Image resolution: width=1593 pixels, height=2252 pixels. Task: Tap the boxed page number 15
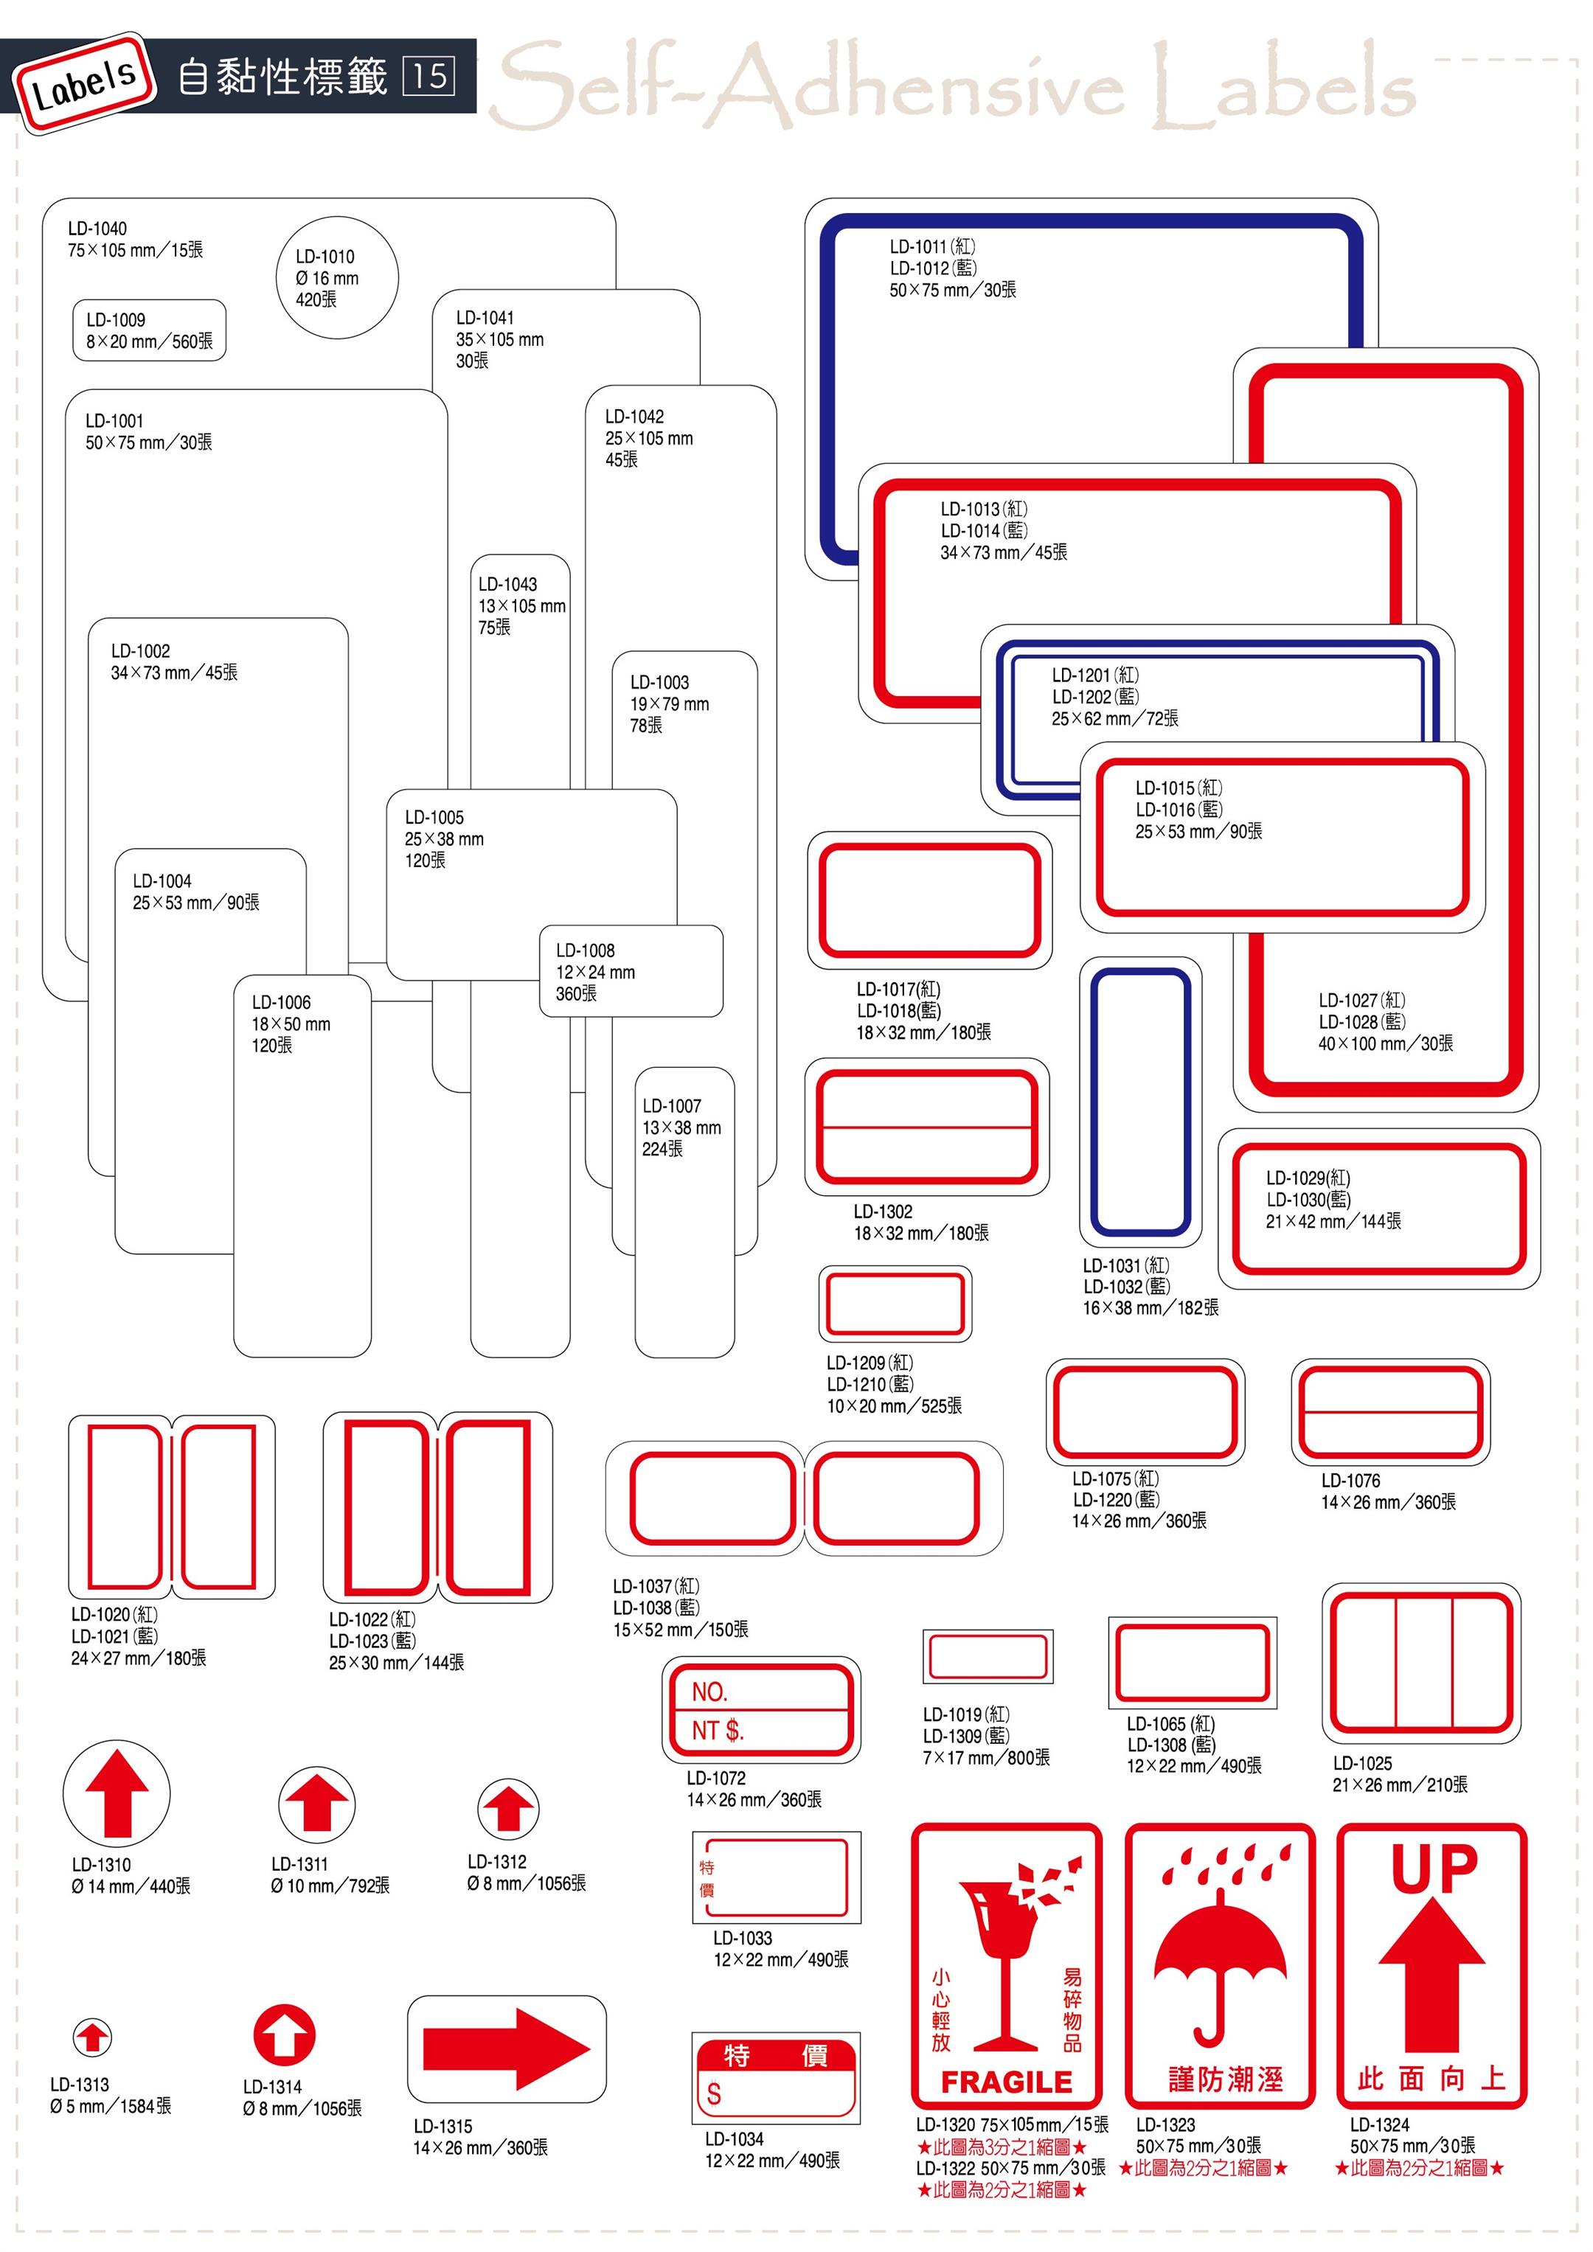coord(428,75)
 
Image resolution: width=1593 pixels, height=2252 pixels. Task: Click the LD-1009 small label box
coord(149,330)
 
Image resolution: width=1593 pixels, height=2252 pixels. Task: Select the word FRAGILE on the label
coord(1007,2082)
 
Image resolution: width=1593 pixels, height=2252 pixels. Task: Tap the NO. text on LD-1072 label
coord(709,1692)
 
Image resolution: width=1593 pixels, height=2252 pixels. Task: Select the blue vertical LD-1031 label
coord(1140,1102)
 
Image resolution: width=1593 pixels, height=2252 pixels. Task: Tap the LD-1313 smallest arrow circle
coord(92,2037)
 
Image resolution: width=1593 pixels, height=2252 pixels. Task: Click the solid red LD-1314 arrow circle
coord(285,2035)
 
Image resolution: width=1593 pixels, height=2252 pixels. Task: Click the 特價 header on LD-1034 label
coord(775,2055)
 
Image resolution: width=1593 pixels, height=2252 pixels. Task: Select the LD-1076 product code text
coord(1350,1480)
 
